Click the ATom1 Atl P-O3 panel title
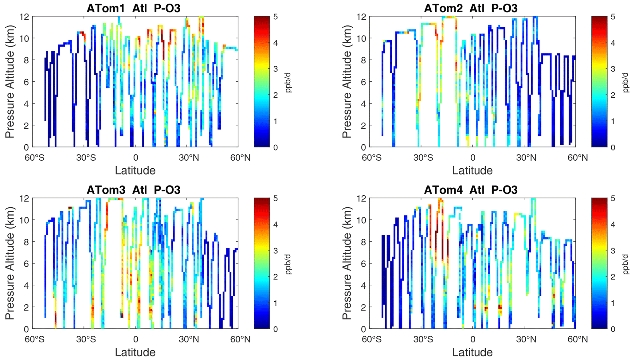133,8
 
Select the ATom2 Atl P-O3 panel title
471,8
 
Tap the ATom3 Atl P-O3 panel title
133,190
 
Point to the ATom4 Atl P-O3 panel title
471,190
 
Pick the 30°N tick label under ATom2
526,158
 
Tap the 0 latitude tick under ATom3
135,339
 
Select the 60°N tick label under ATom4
578,339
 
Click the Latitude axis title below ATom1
135,170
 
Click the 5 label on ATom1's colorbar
276,17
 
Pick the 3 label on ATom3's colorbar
276,251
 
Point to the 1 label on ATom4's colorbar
613,303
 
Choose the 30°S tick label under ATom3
86,339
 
